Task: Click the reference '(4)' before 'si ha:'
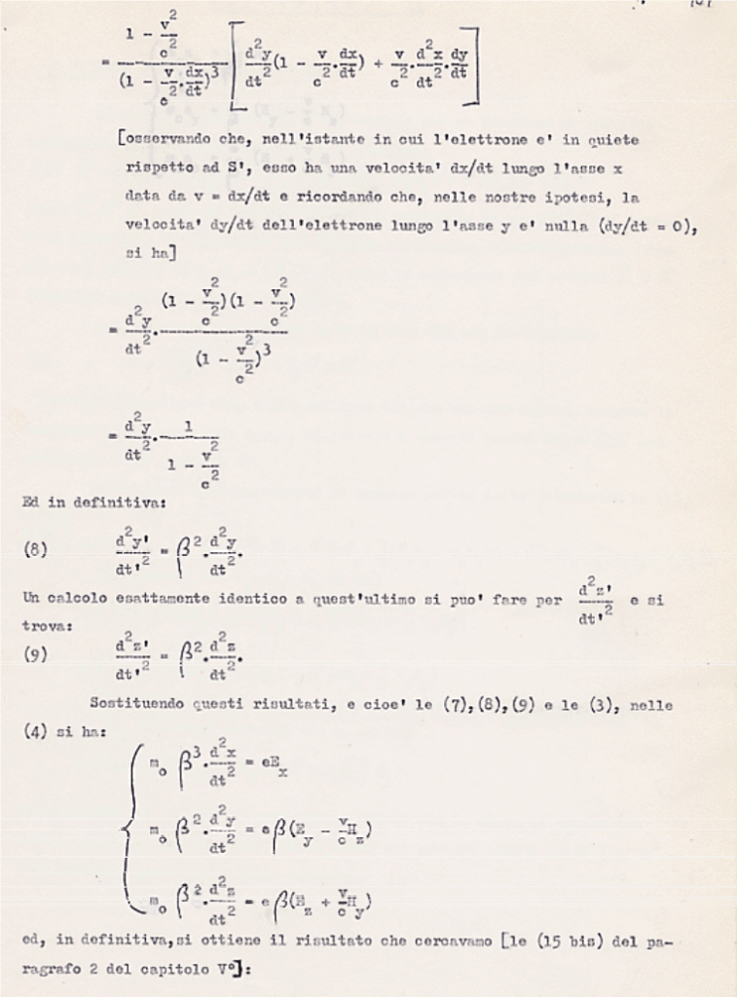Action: click(36, 730)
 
